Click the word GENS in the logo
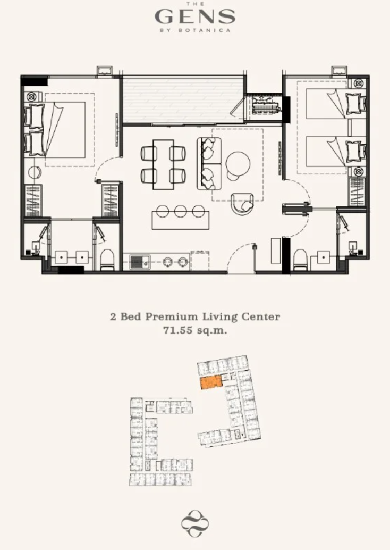coord(195,16)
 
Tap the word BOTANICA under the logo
coord(205,30)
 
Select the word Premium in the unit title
coord(171,316)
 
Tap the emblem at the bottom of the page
coord(195,524)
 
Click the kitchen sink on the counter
coord(140,262)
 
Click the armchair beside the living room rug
coord(242,204)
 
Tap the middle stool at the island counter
coord(181,211)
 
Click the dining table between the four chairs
coord(163,164)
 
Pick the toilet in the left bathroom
coord(107,260)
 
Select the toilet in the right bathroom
coord(300,260)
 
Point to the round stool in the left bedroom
coord(35,172)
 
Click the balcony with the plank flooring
coord(183,101)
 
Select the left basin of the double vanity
coord(62,257)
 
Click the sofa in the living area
coord(209,163)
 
